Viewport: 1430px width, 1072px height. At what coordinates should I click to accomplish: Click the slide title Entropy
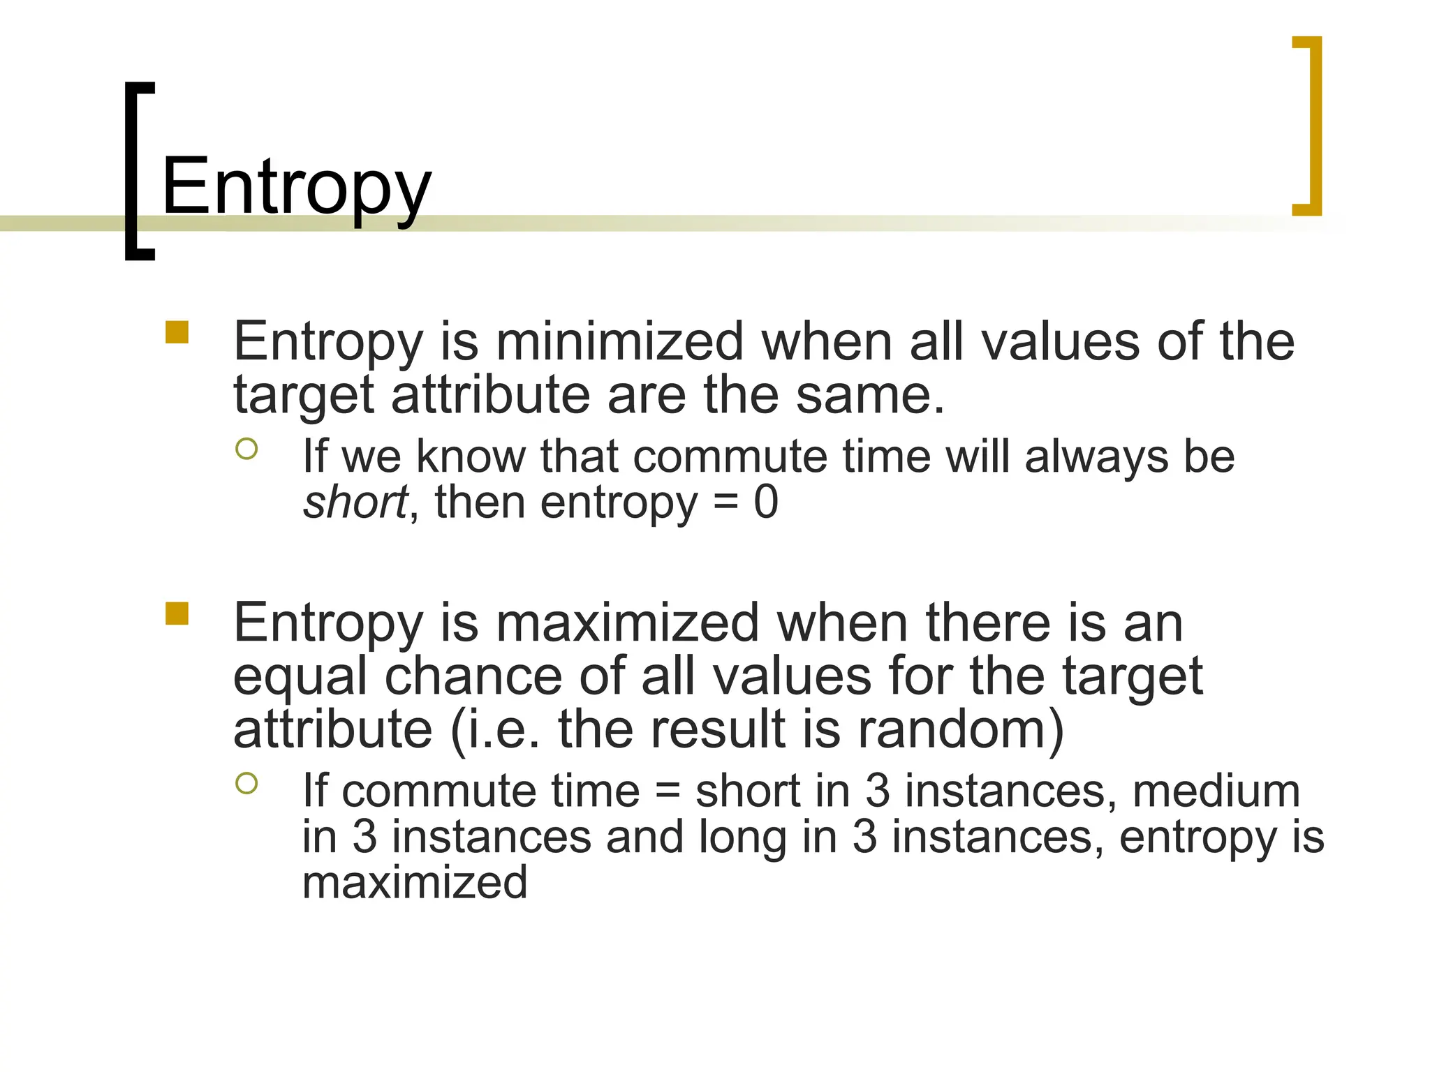[x=296, y=187]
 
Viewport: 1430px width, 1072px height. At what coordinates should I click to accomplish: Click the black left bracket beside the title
[x=137, y=171]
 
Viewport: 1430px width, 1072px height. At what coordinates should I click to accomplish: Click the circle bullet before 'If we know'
[x=246, y=448]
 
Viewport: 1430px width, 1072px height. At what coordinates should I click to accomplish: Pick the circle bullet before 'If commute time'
[x=246, y=783]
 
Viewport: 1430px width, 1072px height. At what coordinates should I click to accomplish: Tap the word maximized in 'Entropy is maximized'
[x=627, y=623]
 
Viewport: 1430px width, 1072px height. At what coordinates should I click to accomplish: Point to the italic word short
[x=355, y=502]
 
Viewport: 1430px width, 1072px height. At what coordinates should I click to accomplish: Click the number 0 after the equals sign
[x=766, y=502]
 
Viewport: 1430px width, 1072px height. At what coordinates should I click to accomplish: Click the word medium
[x=1216, y=791]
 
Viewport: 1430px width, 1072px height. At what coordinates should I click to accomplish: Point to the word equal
[x=300, y=677]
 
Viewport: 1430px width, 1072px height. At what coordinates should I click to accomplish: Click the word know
[x=471, y=457]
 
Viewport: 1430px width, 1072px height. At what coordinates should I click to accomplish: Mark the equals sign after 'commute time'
[x=668, y=793]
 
